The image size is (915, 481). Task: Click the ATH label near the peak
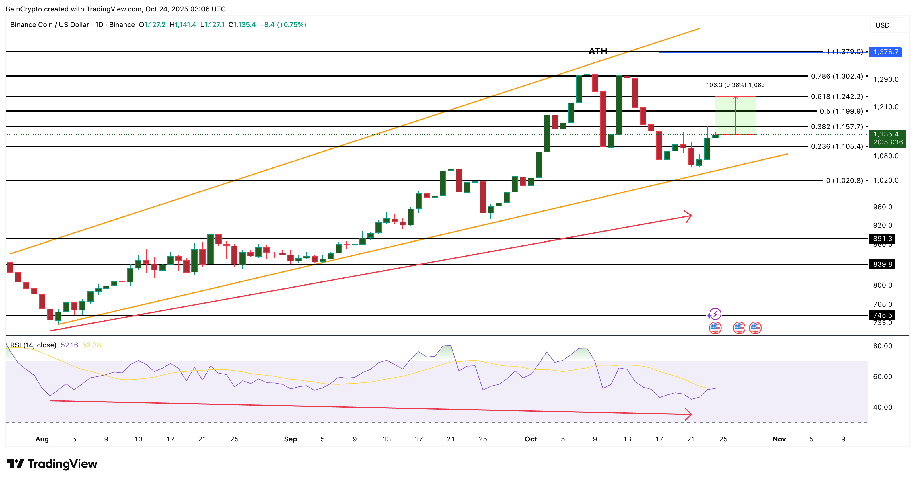point(598,51)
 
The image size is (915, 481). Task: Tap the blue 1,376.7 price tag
point(885,52)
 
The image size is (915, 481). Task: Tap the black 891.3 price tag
point(882,238)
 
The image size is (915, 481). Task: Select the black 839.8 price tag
point(882,264)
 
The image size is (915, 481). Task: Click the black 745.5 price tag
point(882,315)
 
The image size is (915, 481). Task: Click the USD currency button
point(882,25)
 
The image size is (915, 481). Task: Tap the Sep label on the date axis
point(290,439)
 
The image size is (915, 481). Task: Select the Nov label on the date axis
point(779,439)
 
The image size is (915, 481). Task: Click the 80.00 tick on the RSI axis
point(882,346)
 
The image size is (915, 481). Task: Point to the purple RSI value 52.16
point(69,345)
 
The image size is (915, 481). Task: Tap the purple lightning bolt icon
point(715,314)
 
